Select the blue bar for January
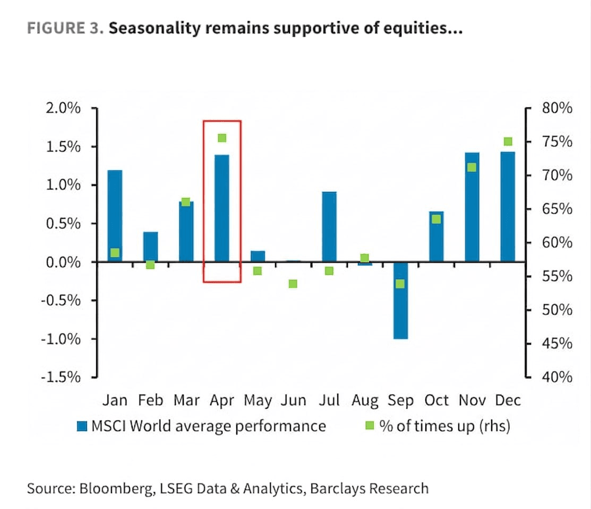115,216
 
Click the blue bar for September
400,300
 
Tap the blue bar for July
329,226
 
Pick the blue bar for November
472,207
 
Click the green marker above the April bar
222,138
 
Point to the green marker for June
293,284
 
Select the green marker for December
508,142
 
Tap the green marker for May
258,271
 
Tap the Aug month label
365,400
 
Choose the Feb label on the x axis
150,400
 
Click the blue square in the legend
82,426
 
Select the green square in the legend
370,426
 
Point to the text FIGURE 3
65,29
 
